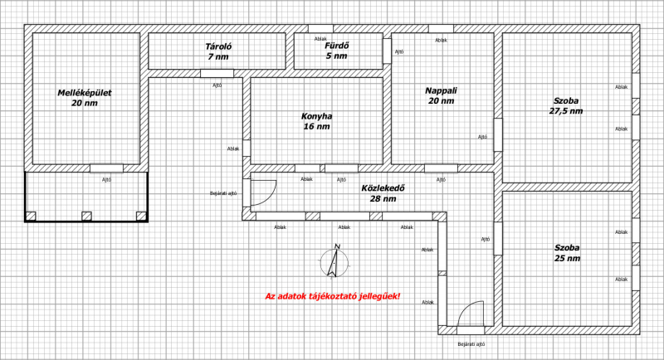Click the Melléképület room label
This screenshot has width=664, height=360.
click(x=85, y=98)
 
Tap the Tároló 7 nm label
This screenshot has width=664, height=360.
click(x=218, y=51)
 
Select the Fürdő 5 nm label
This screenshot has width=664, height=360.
click(x=337, y=51)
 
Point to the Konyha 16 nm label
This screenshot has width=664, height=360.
click(x=316, y=121)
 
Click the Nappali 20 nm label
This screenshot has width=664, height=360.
click(x=441, y=95)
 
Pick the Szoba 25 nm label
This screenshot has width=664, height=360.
click(x=567, y=253)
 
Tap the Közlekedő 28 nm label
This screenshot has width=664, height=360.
click(x=383, y=193)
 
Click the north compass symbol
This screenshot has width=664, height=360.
click(x=334, y=262)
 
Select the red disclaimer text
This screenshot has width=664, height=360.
click(x=333, y=296)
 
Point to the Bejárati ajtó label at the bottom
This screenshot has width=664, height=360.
click(x=471, y=344)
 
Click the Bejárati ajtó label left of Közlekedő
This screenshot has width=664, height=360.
click(x=223, y=193)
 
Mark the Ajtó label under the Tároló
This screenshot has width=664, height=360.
click(x=217, y=85)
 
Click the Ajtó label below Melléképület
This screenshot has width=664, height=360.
click(x=107, y=180)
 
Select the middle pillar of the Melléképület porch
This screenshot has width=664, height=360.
click(x=86, y=216)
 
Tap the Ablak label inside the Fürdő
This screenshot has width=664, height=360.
click(x=320, y=39)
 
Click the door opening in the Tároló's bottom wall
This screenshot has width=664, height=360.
click(x=217, y=73)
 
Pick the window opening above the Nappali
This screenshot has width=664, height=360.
click(x=441, y=29)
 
